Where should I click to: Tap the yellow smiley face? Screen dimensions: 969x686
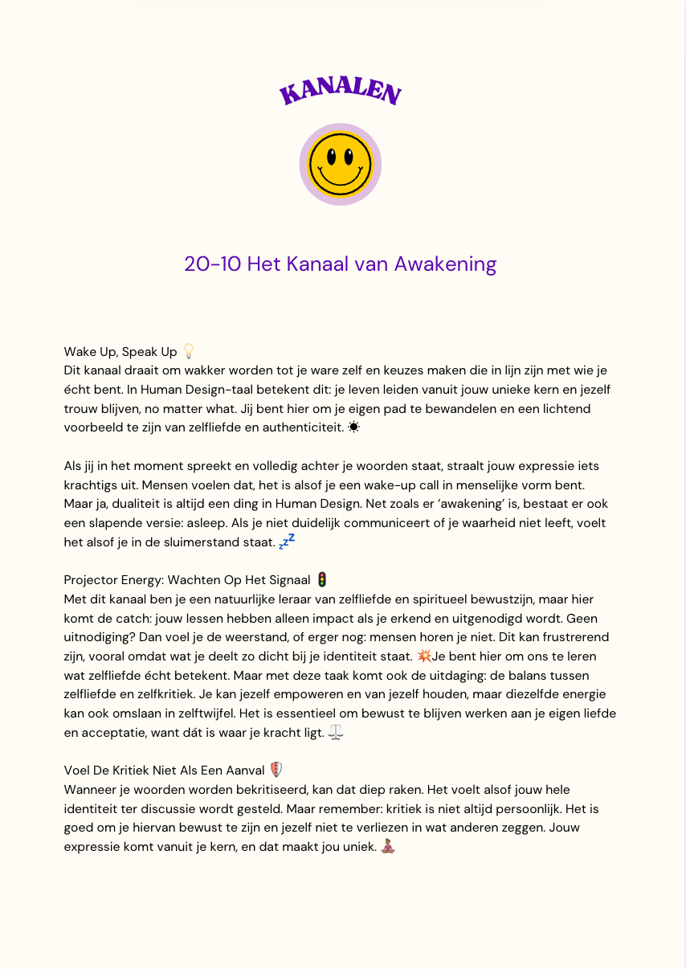[x=341, y=165]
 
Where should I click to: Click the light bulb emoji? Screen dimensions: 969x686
[x=189, y=351]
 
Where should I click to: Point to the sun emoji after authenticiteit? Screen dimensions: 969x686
[x=354, y=427]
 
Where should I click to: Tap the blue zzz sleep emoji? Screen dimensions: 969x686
[x=287, y=541]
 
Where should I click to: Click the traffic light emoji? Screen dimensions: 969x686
[x=322, y=579]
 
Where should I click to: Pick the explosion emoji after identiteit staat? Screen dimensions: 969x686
[x=425, y=656]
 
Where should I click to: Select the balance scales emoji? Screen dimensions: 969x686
[x=336, y=733]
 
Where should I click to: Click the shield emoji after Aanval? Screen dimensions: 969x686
[x=276, y=770]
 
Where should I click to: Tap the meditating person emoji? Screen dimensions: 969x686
[x=388, y=846]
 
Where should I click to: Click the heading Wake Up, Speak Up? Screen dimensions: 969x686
[x=120, y=352]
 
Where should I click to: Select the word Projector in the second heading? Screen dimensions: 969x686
[x=90, y=580]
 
